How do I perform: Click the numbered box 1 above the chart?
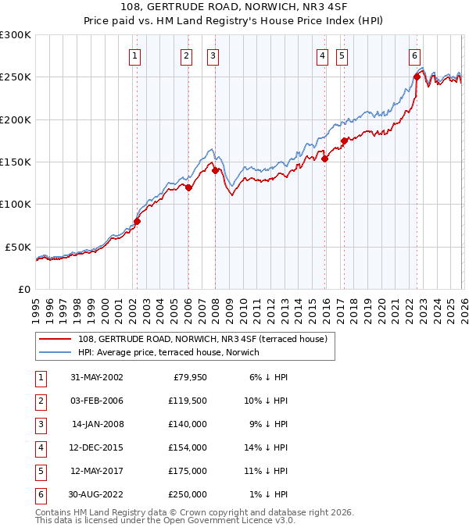click(x=135, y=55)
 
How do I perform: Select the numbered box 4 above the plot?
click(x=322, y=55)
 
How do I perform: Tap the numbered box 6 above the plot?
click(x=414, y=55)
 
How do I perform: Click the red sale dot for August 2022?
click(x=417, y=77)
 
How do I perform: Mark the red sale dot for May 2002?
click(x=137, y=221)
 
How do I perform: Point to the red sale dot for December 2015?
click(x=324, y=159)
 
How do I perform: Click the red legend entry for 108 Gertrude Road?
click(x=206, y=339)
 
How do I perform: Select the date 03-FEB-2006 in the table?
click(x=96, y=401)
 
